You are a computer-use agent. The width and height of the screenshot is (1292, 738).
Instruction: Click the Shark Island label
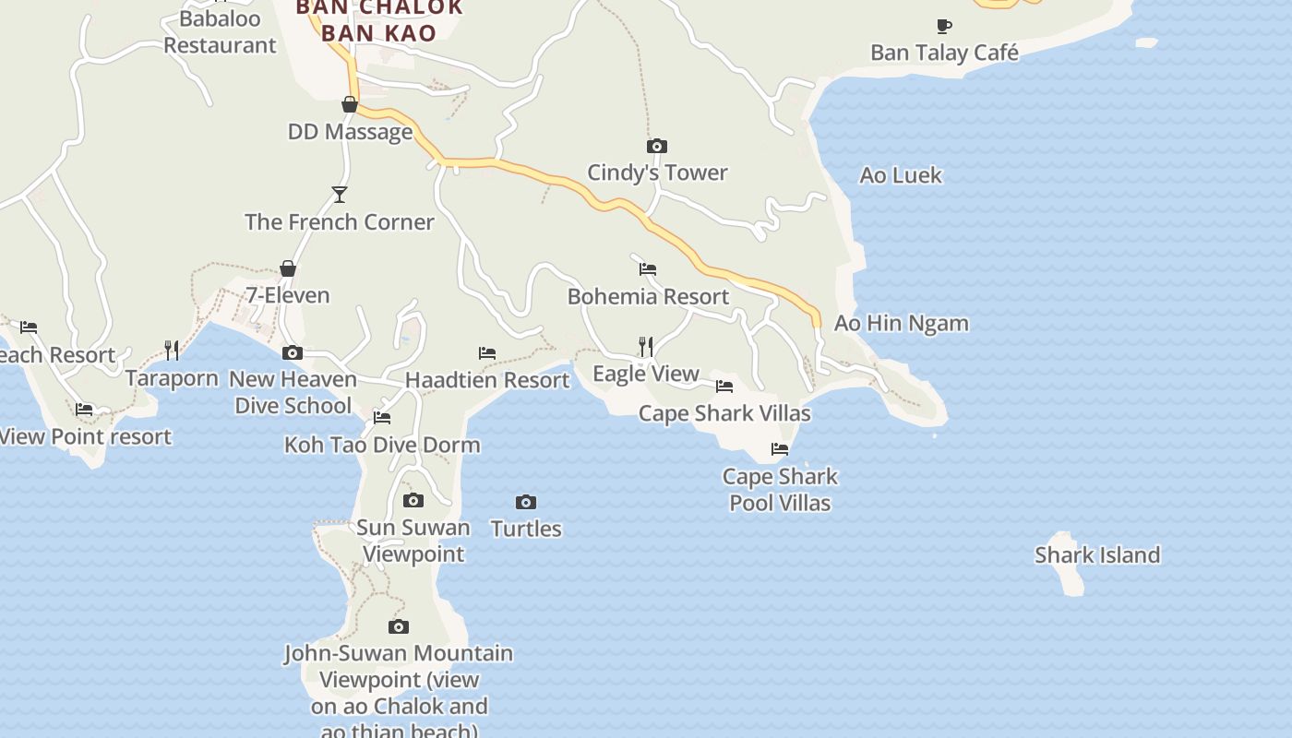tap(1096, 554)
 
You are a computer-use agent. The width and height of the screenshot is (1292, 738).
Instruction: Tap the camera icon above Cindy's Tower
tap(656, 146)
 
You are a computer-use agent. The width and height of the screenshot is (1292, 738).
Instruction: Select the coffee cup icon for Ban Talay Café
tap(943, 26)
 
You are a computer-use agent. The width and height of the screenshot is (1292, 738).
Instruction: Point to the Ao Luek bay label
tap(900, 175)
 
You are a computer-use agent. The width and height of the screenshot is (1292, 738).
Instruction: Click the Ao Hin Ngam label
tap(901, 323)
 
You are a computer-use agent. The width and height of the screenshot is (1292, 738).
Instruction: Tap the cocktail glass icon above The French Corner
tap(339, 195)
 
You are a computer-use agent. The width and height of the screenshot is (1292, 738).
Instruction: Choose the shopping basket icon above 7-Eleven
tap(288, 268)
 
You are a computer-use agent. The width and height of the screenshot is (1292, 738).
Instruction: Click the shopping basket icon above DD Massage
tap(350, 104)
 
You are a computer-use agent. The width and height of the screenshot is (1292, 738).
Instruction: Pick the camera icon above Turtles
tap(525, 502)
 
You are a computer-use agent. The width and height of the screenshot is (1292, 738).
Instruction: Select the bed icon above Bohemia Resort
tap(648, 269)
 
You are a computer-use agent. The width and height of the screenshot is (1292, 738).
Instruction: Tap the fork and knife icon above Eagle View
tap(646, 346)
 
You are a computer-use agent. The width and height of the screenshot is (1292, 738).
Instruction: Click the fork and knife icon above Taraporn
tap(172, 350)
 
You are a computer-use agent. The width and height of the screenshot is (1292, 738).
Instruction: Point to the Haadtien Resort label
tap(486, 380)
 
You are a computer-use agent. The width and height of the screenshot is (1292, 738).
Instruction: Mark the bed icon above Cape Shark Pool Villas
tap(780, 449)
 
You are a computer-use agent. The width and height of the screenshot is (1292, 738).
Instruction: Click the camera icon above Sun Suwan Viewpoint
tap(413, 501)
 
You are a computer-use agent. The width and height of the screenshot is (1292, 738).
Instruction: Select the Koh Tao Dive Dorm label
tap(382, 445)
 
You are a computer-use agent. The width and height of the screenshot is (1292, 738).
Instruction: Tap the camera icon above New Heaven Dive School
tap(293, 352)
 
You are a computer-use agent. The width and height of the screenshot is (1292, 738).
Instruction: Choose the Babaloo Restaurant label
tap(220, 31)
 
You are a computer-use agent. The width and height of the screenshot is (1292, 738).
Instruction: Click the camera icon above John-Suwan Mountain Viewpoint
tap(399, 627)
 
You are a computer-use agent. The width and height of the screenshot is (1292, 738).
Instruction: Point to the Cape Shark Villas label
tap(724, 413)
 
